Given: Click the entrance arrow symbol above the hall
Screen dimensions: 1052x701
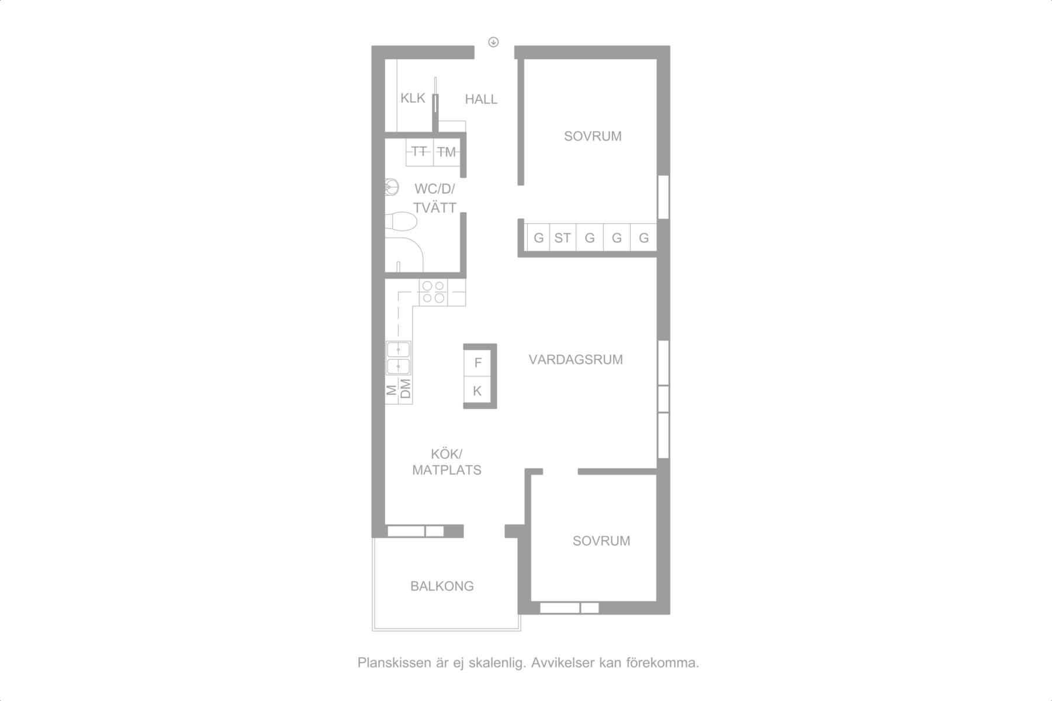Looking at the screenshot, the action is [494, 41].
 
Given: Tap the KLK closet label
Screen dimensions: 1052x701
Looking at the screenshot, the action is [413, 98].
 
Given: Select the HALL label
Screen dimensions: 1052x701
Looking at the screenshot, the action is [481, 99].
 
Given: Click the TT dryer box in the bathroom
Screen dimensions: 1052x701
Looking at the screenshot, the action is [420, 152].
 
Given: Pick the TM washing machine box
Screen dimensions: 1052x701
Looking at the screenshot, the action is [447, 152].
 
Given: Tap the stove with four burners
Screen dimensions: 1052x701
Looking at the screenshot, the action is [434, 292].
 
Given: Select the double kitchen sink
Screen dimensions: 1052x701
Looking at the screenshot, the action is [399, 358].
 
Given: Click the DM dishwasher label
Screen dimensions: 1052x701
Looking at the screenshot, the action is [405, 389].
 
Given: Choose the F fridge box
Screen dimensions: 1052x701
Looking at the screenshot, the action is [477, 363].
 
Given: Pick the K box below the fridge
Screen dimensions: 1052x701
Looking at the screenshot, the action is [477, 391].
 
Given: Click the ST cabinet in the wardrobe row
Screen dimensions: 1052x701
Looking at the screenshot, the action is [563, 238].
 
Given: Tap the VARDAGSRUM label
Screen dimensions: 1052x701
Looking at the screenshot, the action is [576, 360].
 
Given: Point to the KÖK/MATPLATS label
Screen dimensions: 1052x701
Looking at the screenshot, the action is [447, 462].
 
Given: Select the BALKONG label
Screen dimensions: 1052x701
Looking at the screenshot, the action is [442, 586].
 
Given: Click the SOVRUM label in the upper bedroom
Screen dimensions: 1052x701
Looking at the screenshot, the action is [593, 136].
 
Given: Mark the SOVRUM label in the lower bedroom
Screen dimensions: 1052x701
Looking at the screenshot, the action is [601, 541].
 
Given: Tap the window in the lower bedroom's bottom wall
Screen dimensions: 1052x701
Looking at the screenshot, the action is [569, 608].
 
